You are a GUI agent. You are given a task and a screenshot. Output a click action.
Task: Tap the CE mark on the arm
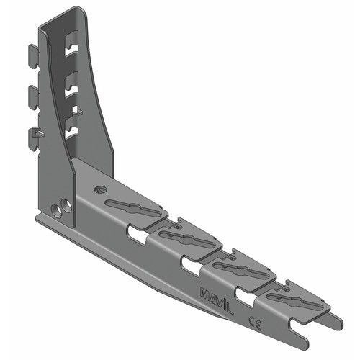click(253, 320)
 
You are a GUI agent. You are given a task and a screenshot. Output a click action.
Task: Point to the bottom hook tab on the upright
click(34, 135)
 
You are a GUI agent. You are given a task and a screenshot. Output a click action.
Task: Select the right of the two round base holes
click(66, 205)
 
